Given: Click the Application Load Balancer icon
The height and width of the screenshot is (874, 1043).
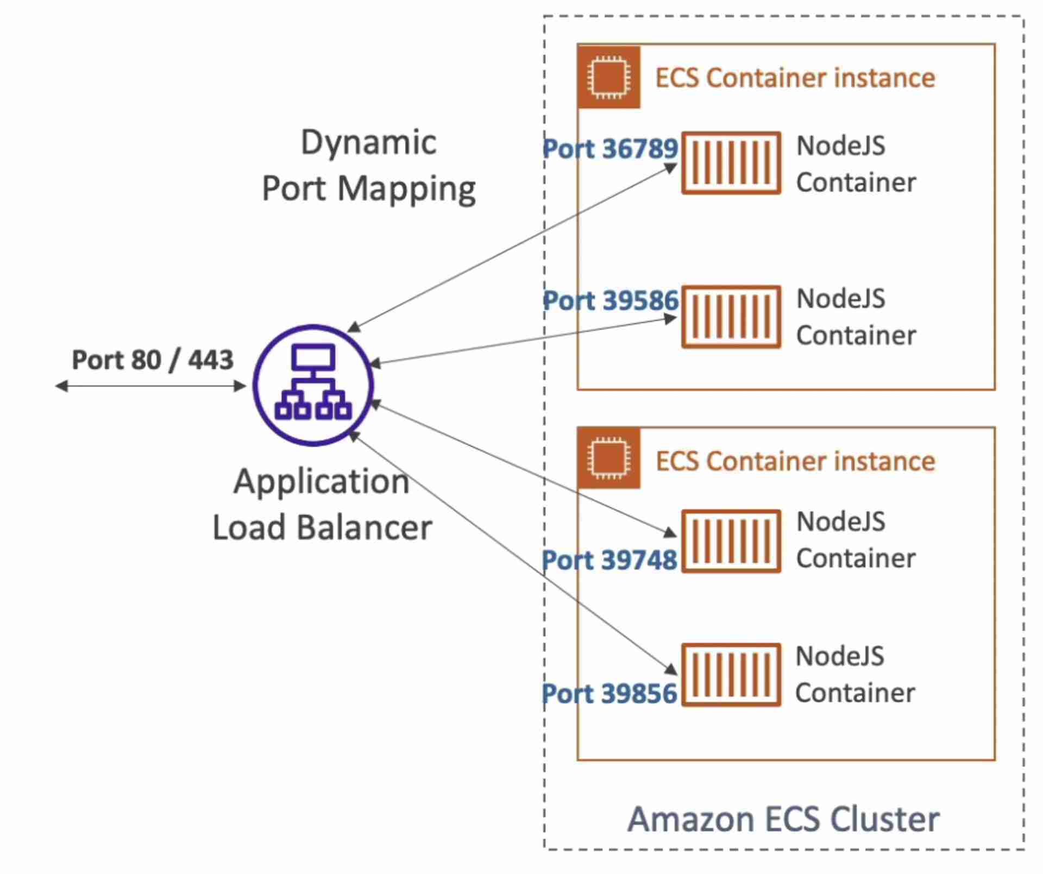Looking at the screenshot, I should click(x=313, y=385).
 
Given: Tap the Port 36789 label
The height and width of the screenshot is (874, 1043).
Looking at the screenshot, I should click(x=611, y=149).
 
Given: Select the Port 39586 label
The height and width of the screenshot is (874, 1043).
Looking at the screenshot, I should click(x=611, y=300).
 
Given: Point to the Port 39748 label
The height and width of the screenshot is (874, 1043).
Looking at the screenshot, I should click(x=610, y=560).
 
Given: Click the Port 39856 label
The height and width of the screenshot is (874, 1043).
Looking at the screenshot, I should click(x=610, y=694).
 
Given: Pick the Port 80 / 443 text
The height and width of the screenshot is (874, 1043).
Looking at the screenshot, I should click(x=153, y=360).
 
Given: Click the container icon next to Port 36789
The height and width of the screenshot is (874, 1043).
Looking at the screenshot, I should click(x=731, y=162).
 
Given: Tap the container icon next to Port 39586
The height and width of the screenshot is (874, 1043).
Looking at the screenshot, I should click(x=731, y=317).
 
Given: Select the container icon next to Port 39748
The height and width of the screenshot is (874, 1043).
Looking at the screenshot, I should click(x=731, y=541).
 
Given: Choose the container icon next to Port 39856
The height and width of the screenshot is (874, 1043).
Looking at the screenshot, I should click(x=731, y=675).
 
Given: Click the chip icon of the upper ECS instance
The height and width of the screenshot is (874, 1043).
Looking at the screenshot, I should click(x=609, y=77).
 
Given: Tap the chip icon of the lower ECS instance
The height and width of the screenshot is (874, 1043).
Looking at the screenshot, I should click(x=609, y=458).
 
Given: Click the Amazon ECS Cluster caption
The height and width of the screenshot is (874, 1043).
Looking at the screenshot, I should click(x=783, y=819).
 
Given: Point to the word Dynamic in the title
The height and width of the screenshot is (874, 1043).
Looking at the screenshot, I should click(x=368, y=143).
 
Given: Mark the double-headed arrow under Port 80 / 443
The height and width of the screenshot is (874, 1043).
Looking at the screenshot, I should click(x=151, y=386).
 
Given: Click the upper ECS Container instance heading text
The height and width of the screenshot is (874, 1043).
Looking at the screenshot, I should click(x=795, y=78).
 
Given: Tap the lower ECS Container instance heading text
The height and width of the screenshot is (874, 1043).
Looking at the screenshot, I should click(x=795, y=461).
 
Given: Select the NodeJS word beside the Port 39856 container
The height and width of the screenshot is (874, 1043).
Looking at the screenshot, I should click(x=840, y=656).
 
